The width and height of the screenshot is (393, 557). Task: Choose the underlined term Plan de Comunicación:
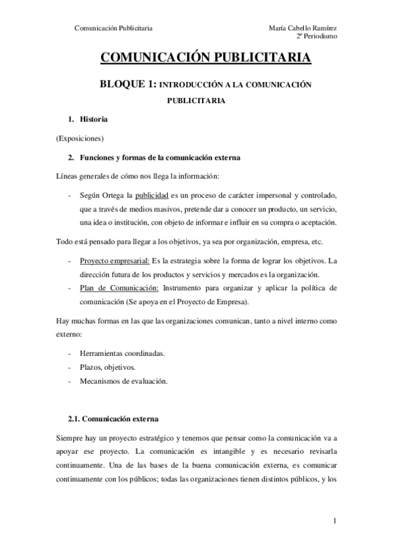[118, 288]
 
